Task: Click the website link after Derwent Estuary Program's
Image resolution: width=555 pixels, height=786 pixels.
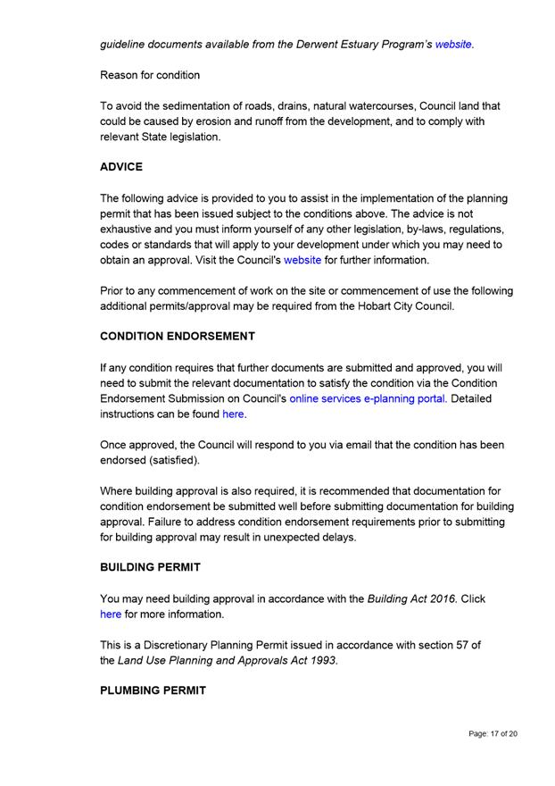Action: coord(453,44)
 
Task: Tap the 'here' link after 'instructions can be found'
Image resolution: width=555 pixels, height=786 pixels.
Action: coord(233,414)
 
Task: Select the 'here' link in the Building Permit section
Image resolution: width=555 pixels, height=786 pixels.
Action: coord(111,615)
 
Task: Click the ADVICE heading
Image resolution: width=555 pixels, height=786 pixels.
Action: coord(121,167)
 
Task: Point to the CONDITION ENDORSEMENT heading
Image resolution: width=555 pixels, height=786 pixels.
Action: coord(178,336)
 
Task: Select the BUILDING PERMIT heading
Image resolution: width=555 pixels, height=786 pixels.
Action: coord(150,567)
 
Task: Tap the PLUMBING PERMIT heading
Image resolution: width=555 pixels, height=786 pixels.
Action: coord(153,690)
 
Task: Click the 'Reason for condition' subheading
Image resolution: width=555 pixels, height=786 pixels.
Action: coord(150,75)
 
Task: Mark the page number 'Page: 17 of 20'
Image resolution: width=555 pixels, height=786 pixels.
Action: coord(493,734)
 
